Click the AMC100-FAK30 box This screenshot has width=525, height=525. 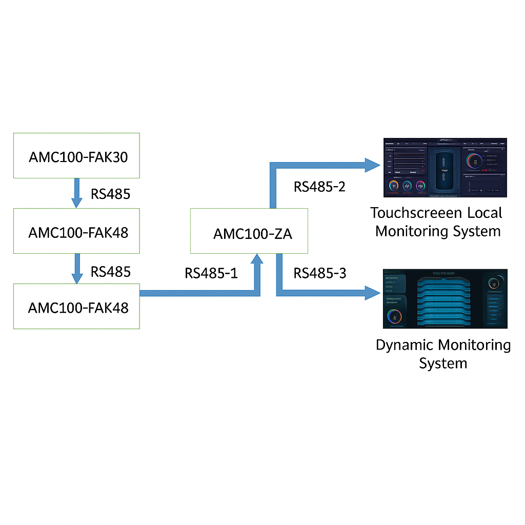tap(76, 156)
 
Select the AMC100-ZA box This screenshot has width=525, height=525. tap(249, 231)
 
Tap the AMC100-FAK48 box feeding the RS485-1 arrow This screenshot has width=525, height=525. tap(76, 307)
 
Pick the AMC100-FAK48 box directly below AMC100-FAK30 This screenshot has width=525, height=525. tap(76, 231)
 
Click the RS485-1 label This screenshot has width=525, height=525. tap(211, 273)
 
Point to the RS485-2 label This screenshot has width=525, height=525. tap(319, 187)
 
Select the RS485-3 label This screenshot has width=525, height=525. tap(320, 273)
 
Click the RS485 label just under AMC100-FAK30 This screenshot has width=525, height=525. tap(110, 194)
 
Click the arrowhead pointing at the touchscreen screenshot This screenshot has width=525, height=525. tap(373, 165)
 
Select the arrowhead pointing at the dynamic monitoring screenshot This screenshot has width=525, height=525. tap(373, 293)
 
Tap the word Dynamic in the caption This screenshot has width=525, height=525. tap(405, 345)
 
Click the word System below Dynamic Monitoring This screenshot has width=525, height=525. tap(443, 363)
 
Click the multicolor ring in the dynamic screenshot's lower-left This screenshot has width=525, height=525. tap(394, 316)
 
